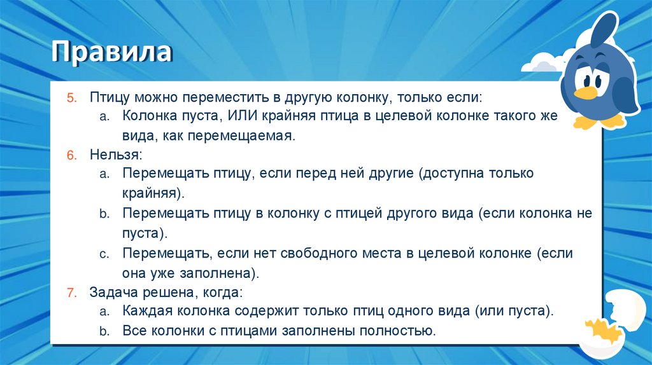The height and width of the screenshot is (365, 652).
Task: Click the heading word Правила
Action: [x=111, y=52]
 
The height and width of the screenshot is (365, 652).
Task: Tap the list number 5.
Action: [x=71, y=98]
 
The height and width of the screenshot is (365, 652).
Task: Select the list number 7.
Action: [x=71, y=293]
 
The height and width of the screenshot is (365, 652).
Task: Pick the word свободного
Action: [x=323, y=254]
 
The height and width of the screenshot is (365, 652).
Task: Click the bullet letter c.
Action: [x=104, y=254]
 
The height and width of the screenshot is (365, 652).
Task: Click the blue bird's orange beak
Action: [x=586, y=93]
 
